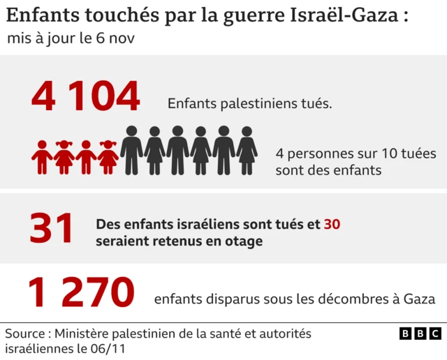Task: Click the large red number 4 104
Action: click(85, 96)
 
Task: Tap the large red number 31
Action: click(52, 230)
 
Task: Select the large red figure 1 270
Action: click(80, 293)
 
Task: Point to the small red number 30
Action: click(332, 225)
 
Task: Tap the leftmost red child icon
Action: click(42, 157)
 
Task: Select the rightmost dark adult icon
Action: click(247, 150)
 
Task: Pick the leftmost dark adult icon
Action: click(131, 150)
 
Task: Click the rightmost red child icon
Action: click(108, 157)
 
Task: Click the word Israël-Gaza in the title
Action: click(341, 17)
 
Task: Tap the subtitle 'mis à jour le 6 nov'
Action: click(70, 39)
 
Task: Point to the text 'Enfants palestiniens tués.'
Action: click(249, 104)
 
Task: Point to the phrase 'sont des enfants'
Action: click(328, 170)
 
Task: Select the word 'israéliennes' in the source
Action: click(39, 348)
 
